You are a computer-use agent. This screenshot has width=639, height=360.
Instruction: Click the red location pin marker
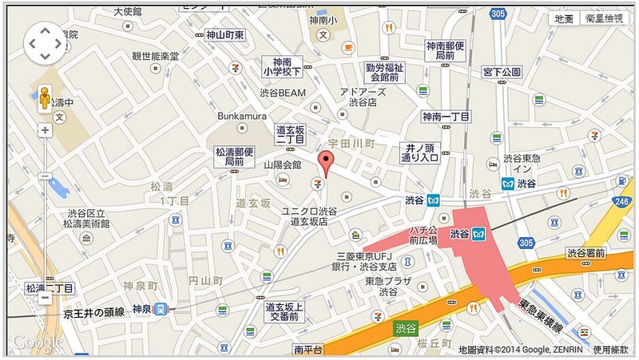(325, 162)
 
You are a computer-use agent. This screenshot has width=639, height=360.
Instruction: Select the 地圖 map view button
(564, 18)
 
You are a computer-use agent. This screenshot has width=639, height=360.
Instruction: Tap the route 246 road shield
(622, 203)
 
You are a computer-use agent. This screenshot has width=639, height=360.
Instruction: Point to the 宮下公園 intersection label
(502, 73)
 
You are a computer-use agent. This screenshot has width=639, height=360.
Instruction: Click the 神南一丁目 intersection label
(444, 117)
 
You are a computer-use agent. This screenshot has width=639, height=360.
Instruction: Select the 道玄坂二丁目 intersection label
(290, 134)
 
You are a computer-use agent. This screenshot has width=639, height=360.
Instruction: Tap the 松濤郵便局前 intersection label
(234, 156)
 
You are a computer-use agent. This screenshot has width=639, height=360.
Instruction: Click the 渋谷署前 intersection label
(586, 253)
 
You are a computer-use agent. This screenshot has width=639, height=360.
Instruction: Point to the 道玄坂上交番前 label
(284, 311)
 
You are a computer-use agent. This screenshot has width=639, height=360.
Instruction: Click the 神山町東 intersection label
(224, 34)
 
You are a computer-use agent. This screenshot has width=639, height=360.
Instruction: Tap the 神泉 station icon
(161, 309)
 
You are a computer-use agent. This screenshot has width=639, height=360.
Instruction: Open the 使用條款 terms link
(610, 350)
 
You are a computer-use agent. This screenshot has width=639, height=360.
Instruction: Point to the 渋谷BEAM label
(283, 93)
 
